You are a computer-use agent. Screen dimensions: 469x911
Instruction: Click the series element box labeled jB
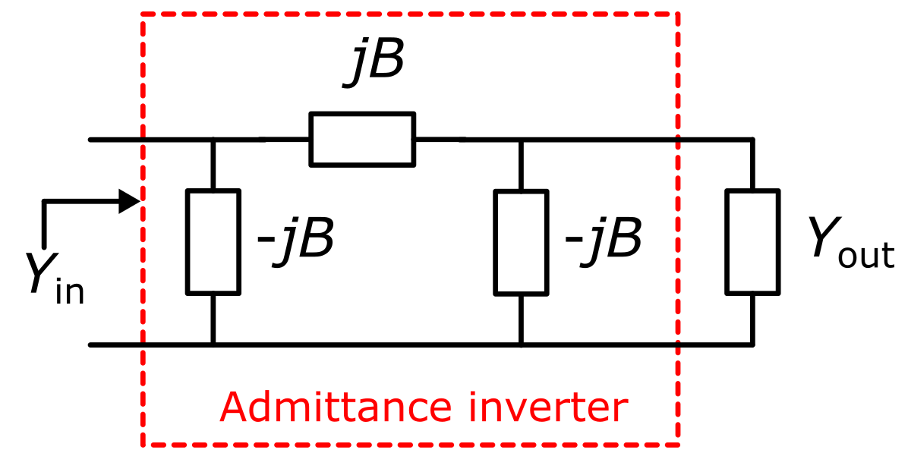(x=362, y=139)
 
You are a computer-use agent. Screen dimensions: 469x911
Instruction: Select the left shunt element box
(x=213, y=241)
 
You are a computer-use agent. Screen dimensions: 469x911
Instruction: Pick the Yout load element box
(x=752, y=241)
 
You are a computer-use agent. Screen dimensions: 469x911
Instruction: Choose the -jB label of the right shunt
(x=604, y=241)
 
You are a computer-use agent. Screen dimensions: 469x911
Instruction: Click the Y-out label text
(x=849, y=244)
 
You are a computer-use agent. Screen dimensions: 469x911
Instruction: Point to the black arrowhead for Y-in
(x=129, y=202)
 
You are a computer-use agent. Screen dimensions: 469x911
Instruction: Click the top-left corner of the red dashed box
(x=143, y=14)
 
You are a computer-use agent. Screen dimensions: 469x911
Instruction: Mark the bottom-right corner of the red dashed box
(x=677, y=445)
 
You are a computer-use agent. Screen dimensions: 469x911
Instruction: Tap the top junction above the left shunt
(x=213, y=140)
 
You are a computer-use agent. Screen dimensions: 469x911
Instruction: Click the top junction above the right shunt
(x=521, y=140)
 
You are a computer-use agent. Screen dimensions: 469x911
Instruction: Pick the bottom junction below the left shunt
(x=213, y=345)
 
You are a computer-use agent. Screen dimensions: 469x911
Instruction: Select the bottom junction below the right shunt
(x=521, y=345)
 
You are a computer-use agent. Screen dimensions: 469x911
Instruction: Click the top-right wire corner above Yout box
(x=752, y=140)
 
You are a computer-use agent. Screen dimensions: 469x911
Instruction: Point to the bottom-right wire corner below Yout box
(x=752, y=345)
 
